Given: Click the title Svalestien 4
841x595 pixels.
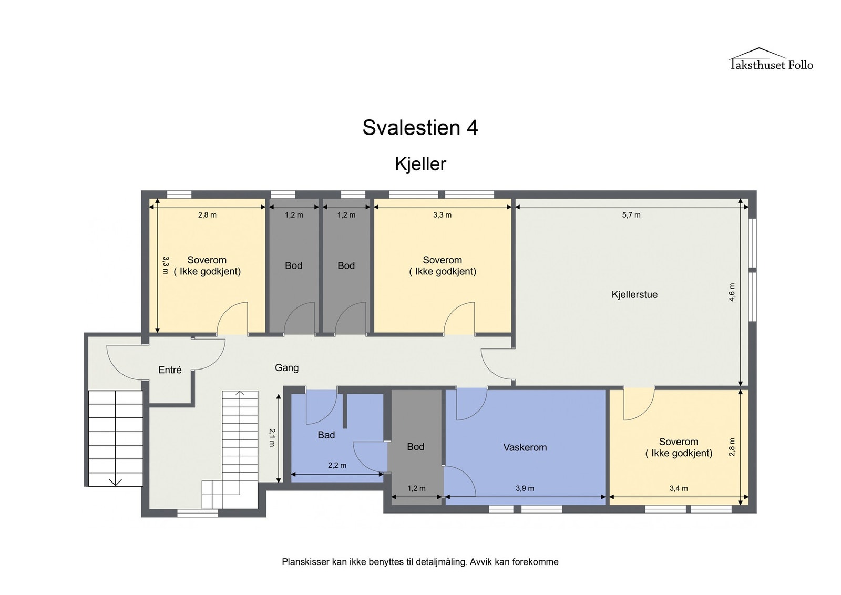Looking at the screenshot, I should click(x=420, y=128).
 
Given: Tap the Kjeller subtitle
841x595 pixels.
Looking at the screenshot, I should click(x=420, y=164).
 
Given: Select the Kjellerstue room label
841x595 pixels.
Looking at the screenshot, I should click(x=634, y=295).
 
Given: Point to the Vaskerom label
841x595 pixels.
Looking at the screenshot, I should click(x=525, y=448).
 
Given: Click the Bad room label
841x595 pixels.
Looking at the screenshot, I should click(x=326, y=435).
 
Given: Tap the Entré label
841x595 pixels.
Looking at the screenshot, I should click(x=170, y=370).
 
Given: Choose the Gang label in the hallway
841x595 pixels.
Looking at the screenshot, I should click(x=286, y=368).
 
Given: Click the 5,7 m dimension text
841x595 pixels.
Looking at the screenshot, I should click(x=631, y=215).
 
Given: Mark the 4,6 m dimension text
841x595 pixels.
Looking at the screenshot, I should click(x=732, y=292).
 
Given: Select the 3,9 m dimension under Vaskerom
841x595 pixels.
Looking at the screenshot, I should click(x=525, y=488).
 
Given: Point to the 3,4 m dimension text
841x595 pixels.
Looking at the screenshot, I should click(x=678, y=488).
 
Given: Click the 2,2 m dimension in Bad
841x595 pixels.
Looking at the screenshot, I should click(x=337, y=465).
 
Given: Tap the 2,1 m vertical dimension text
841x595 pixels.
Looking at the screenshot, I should click(x=272, y=437).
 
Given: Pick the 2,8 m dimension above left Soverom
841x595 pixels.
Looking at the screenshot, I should click(x=207, y=215).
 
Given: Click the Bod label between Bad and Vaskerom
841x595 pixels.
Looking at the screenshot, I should click(x=415, y=447).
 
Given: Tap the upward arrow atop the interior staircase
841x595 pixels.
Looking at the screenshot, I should click(x=240, y=393).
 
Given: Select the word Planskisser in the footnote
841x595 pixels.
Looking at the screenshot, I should click(x=305, y=562).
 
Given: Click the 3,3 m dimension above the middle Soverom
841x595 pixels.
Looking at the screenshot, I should click(x=442, y=215).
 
